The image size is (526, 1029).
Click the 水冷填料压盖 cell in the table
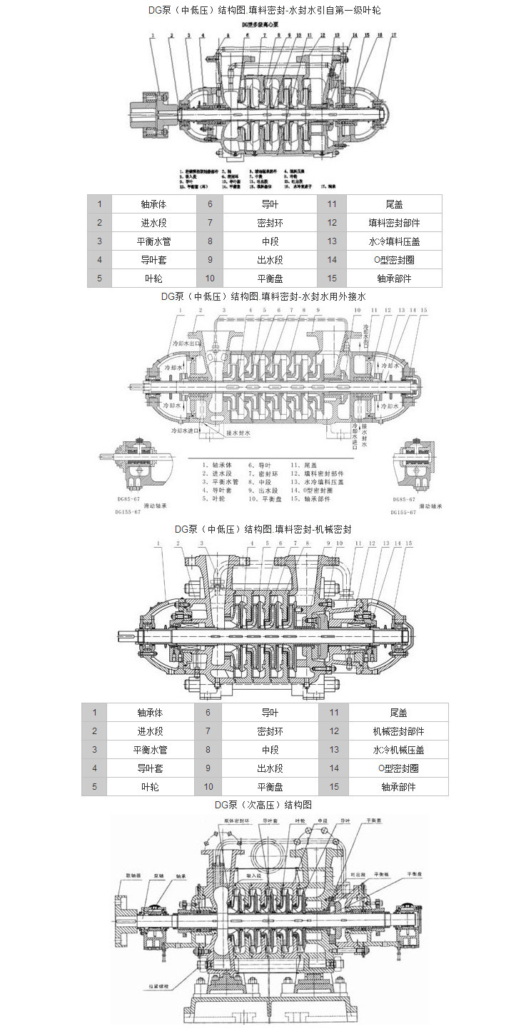(x=394, y=241)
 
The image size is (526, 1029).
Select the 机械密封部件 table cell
(x=398, y=731)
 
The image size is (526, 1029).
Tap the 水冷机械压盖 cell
(x=398, y=750)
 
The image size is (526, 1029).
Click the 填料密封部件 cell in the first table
(x=394, y=223)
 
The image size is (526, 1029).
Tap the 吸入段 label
(x=254, y=873)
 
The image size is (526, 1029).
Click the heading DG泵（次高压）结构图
(x=263, y=805)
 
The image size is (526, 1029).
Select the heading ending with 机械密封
(x=263, y=529)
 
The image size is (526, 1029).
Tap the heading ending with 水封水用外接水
(x=263, y=296)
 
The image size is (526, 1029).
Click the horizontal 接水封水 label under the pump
(x=239, y=433)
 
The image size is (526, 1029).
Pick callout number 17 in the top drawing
(x=393, y=35)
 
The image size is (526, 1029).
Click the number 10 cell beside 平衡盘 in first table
(x=210, y=278)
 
